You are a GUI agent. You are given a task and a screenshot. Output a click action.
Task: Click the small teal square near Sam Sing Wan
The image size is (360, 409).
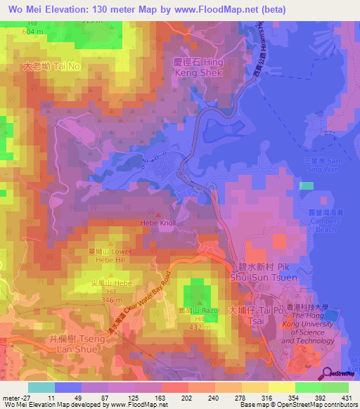(306, 186)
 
